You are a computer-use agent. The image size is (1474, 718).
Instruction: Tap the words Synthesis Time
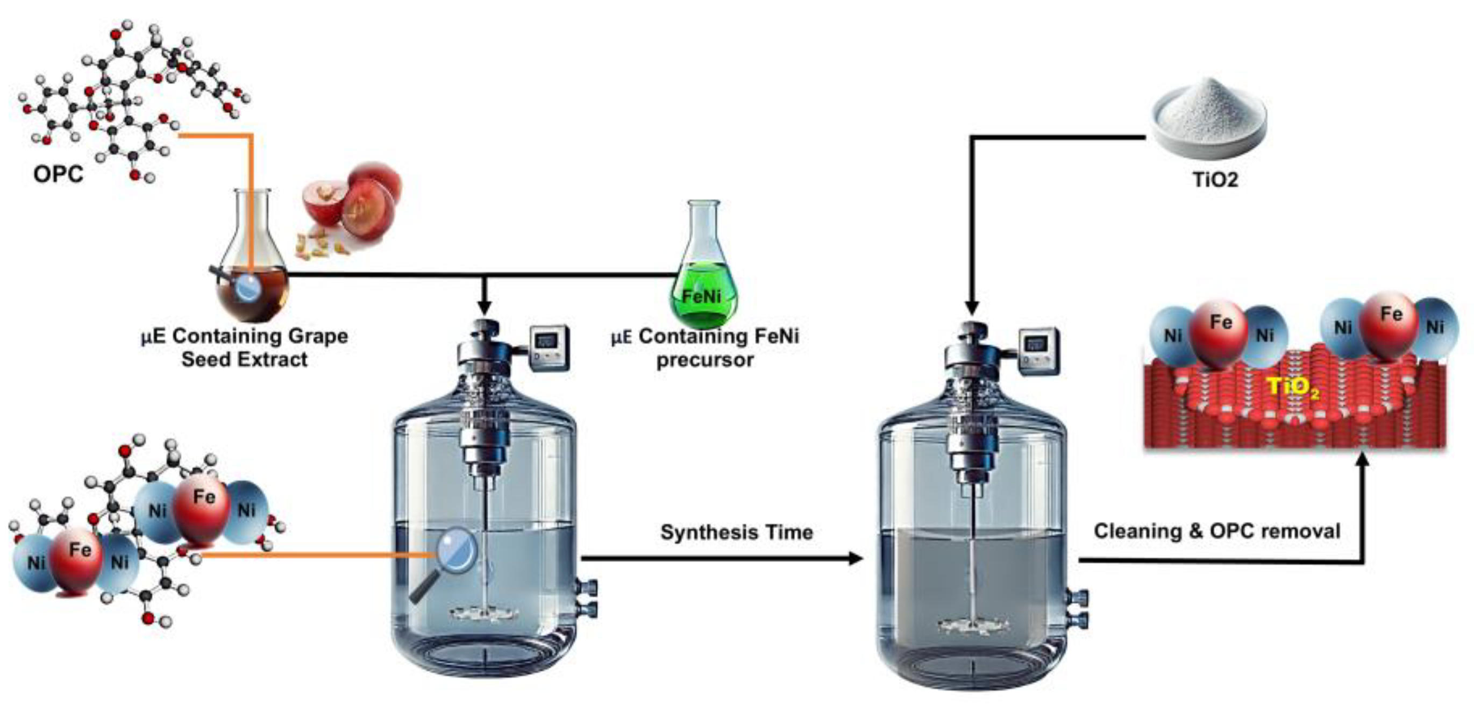pos(736,532)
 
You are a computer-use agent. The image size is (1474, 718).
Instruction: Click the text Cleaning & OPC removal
pos(1216,531)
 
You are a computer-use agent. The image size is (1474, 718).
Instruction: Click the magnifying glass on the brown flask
pos(247,287)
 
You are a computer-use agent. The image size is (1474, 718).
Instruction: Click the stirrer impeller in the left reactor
pos(483,614)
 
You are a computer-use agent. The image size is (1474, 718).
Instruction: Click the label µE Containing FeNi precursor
pos(705,348)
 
